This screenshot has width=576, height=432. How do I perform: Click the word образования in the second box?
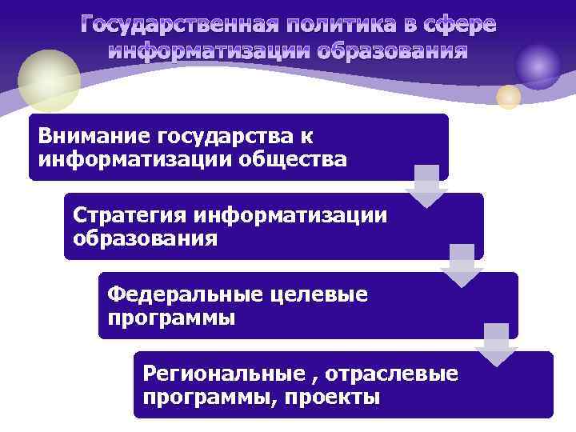pyautogui.click(x=145, y=238)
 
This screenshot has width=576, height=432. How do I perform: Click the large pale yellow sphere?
pyautogui.click(x=50, y=79)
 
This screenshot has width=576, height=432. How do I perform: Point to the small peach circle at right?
pyautogui.click(x=509, y=98)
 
